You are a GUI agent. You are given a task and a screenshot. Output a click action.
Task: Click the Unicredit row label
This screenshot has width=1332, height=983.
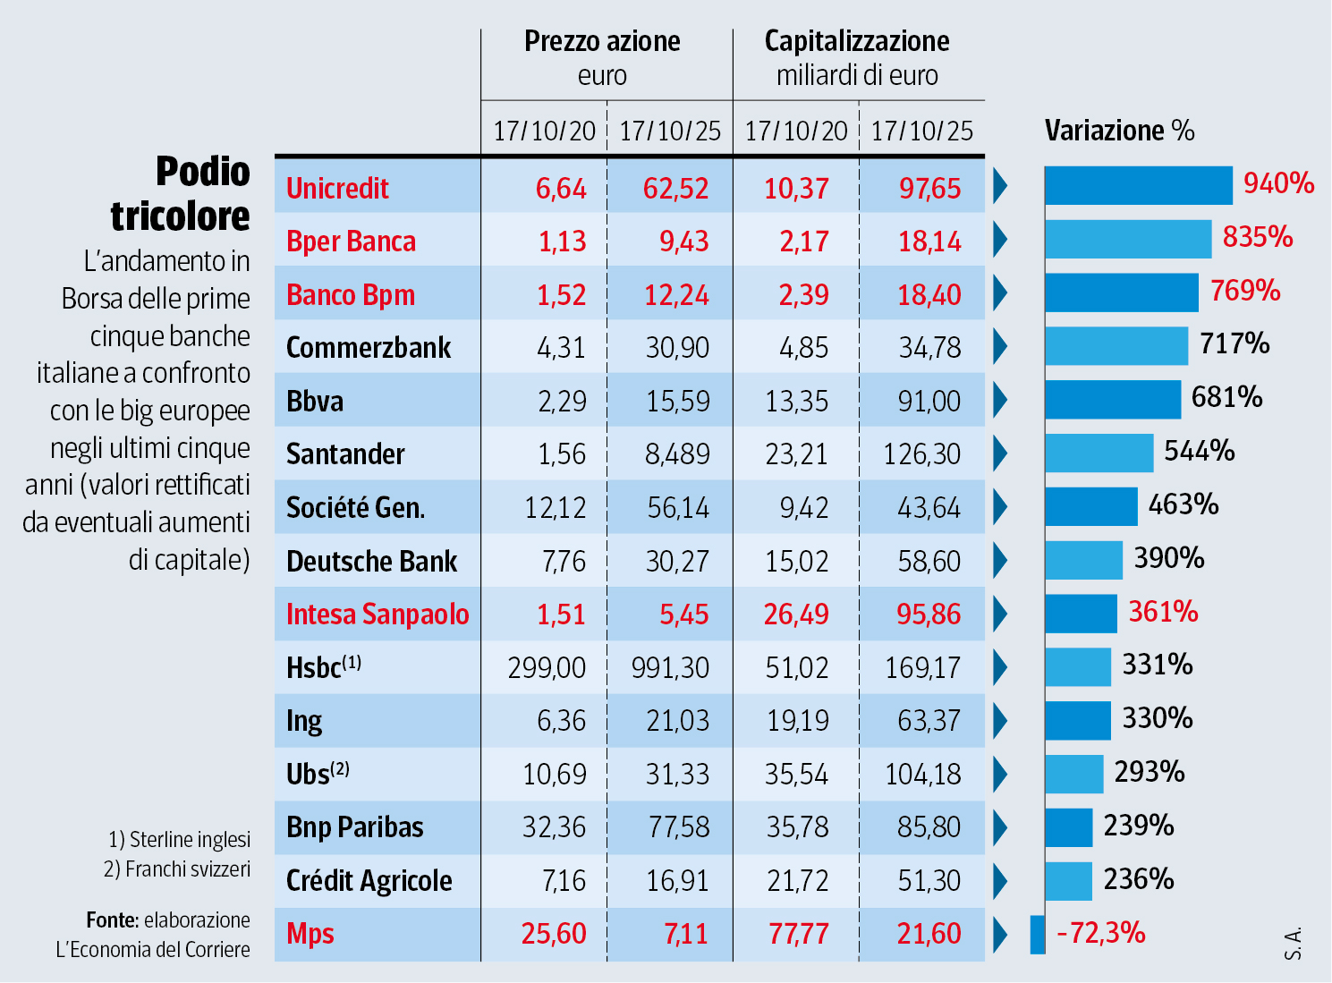(x=337, y=189)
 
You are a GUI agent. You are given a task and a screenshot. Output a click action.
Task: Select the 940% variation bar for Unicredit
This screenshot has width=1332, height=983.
(x=1138, y=186)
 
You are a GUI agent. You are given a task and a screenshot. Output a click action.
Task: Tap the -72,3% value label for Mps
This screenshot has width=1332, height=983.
(x=1101, y=934)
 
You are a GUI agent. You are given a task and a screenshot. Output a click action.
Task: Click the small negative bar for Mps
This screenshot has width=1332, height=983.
(x=1038, y=935)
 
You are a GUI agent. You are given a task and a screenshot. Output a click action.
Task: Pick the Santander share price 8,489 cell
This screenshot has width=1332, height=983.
(x=677, y=454)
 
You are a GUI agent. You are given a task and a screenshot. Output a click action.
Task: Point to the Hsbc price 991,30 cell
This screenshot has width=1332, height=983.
(x=670, y=668)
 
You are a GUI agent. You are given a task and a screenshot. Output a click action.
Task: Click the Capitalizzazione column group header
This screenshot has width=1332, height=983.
(x=857, y=41)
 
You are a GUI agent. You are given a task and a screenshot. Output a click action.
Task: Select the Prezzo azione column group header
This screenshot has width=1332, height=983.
(x=602, y=41)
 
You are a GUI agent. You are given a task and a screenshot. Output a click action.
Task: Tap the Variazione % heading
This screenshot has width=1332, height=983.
(x=1119, y=131)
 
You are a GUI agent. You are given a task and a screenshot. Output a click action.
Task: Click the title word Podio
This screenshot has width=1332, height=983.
(x=203, y=172)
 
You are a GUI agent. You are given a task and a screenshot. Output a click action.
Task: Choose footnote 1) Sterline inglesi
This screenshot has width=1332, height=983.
(x=180, y=840)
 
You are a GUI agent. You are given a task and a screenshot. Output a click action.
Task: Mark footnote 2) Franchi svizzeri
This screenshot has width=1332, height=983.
(x=177, y=869)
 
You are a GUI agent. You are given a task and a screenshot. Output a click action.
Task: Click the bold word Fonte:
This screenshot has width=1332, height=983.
(x=112, y=920)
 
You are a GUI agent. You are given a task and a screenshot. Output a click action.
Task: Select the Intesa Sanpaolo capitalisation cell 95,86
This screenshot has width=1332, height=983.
(x=929, y=614)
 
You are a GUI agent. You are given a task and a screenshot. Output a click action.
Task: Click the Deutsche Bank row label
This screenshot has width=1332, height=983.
(x=371, y=562)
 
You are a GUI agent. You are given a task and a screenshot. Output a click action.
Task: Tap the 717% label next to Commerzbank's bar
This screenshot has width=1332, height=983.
(x=1234, y=343)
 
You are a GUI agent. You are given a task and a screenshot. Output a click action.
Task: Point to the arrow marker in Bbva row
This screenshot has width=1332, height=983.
(x=1000, y=400)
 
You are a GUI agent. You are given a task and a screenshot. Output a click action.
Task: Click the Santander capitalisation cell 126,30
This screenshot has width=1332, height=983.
(x=922, y=454)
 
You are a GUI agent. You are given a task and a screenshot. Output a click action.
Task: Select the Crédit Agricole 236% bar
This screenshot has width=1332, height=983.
(x=1068, y=881)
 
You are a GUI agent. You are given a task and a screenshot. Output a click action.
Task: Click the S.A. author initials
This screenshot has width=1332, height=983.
(x=1293, y=944)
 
